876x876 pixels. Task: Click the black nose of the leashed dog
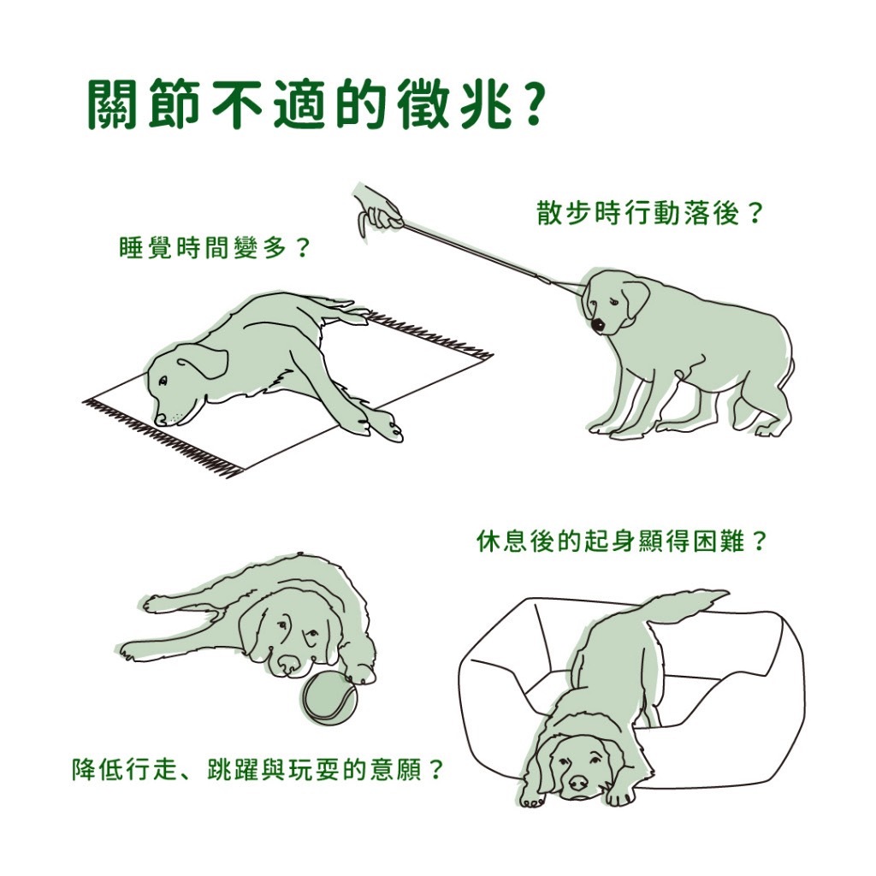[597, 325]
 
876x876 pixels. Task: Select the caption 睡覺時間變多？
[215, 248]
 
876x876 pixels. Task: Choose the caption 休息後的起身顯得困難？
[621, 541]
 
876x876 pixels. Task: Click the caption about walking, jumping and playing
[257, 769]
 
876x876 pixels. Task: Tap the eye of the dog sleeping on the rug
[163, 381]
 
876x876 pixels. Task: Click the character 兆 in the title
[482, 104]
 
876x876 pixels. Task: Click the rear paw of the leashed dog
[766, 431]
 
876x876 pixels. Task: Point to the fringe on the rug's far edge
[430, 334]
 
